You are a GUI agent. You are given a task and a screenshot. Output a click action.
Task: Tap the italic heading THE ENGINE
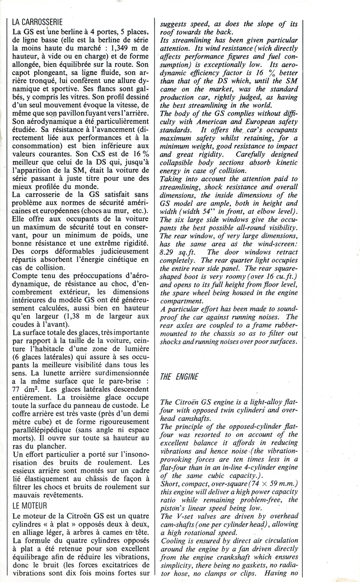179,377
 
